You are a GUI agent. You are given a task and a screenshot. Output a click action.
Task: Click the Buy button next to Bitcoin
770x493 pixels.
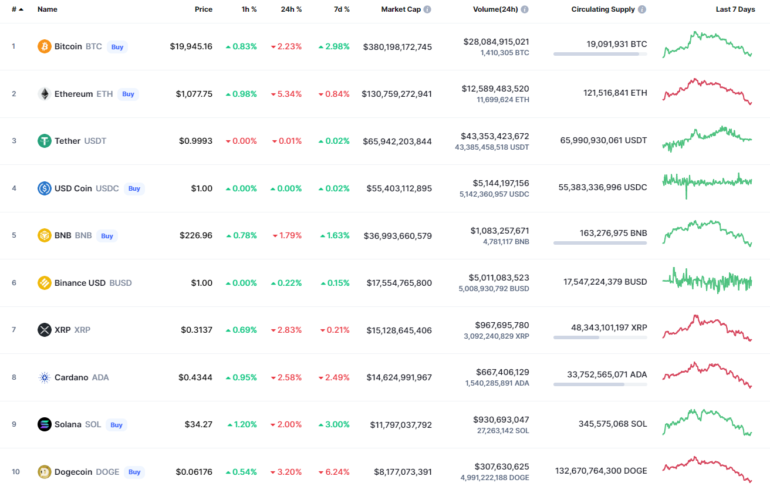coord(117,47)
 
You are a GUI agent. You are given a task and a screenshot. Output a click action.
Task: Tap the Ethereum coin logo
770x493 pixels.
coord(45,94)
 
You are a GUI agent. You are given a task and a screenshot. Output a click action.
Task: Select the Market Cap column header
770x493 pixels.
coord(401,9)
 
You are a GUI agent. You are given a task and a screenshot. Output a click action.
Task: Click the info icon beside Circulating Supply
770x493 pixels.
coord(642,9)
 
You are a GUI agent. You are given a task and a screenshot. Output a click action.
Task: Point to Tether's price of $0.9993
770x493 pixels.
coord(195,141)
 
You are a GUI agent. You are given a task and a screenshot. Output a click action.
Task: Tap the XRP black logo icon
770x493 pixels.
coord(45,330)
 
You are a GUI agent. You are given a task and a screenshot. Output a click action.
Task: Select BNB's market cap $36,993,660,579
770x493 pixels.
coord(398,236)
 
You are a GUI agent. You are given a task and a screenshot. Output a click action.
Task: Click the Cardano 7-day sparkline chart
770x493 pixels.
coord(707,374)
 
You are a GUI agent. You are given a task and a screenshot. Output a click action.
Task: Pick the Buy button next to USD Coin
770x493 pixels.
coord(134,188)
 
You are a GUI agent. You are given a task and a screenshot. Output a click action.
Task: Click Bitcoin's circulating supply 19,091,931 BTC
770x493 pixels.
coord(617,44)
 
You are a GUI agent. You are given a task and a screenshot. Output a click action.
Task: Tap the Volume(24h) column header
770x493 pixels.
coord(495,9)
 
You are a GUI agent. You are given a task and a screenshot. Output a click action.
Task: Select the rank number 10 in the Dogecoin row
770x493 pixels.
coord(16,472)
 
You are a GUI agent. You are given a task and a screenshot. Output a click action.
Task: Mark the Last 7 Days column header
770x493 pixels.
coord(735,9)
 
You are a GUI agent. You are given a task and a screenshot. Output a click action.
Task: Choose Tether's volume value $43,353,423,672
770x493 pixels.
coord(495,136)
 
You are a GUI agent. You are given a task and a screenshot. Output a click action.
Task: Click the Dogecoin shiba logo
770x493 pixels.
coord(45,472)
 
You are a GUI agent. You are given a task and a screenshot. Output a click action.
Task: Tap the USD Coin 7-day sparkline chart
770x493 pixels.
coord(707,185)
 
